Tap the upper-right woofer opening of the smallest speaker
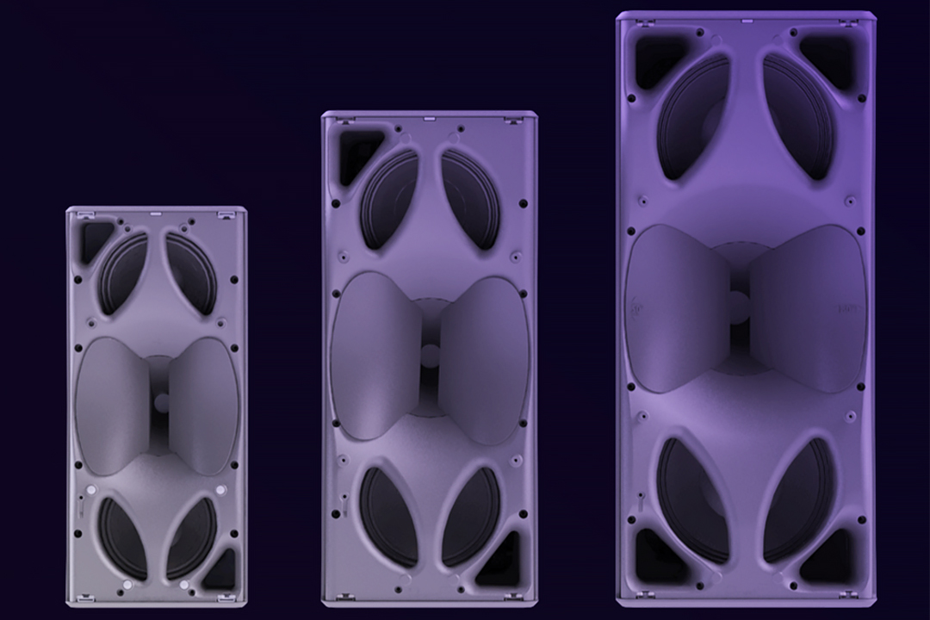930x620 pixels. tap(191, 272)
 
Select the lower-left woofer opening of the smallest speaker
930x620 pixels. tap(121, 537)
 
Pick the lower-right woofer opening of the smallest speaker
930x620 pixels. tap(191, 537)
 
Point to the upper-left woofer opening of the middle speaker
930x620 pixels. tap(388, 200)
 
